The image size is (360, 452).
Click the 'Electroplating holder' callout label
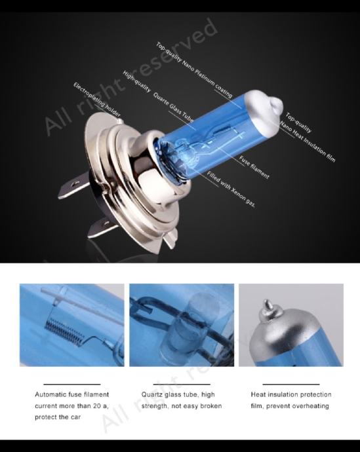96,100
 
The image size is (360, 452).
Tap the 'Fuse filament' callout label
254,167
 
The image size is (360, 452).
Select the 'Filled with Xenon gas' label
231,189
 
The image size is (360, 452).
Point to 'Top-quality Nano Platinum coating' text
194,69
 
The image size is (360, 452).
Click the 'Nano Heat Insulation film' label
308,141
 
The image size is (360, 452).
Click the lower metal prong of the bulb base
102,227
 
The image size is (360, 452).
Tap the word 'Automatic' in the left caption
50,394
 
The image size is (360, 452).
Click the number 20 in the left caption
96,406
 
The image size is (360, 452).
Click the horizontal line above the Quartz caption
182,385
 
